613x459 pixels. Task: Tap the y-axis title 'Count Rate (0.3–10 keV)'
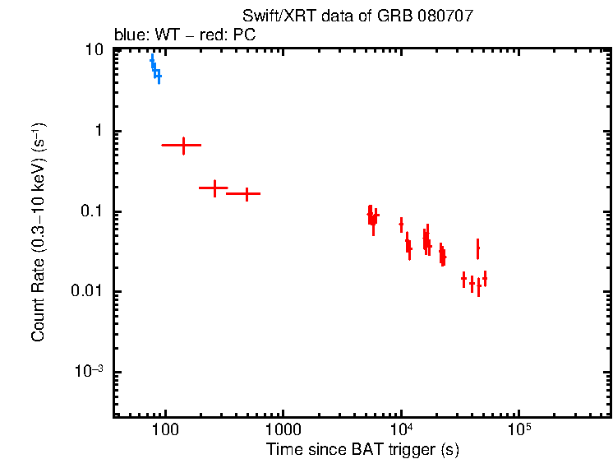coord(39,232)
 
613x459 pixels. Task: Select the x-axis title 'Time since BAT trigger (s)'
coord(362,449)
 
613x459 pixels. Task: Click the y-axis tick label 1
coord(99,131)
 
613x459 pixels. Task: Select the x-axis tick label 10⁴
coord(401,429)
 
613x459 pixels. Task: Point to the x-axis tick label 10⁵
coord(519,429)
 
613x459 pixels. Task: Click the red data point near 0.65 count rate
coord(183,146)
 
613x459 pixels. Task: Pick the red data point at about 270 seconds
coord(214,188)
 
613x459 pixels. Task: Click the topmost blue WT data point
coord(152,60)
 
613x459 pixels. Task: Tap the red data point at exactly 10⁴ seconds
coord(401,224)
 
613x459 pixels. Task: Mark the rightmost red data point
coord(485,279)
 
